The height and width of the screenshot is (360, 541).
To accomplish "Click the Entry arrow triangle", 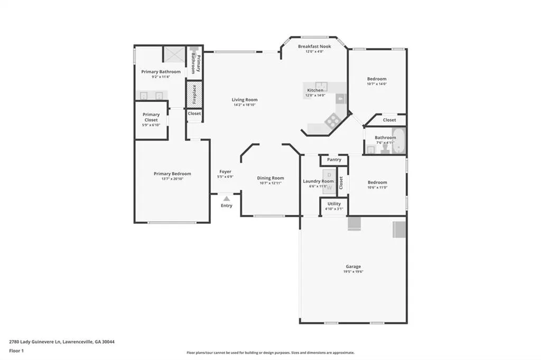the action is coord(226,198).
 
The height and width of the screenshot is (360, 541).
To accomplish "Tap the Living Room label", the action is coord(245,100).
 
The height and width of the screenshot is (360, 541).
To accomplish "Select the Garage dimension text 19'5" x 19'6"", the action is coord(353,272).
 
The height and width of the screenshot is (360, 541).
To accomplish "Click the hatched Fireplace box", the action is coord(194,94).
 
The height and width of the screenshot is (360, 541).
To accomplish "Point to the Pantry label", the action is coord(334,159).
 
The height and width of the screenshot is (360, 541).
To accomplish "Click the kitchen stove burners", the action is coord(333,120).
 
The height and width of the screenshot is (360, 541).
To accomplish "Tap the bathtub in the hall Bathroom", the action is coord(399,141).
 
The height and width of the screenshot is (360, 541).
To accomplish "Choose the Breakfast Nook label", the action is coord(314,46).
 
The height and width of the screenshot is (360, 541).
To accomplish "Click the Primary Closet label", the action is coord(151,117).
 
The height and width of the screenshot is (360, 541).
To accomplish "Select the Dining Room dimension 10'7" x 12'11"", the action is coord(270,183).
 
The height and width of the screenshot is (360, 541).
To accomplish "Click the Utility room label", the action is coord(334,204).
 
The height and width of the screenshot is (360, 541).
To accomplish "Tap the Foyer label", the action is coord(225,172).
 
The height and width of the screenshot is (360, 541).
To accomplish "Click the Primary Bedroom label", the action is coord(172,174).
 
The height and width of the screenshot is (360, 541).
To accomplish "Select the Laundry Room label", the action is coord(318,181).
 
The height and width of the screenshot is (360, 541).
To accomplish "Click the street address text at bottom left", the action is coord(62,342).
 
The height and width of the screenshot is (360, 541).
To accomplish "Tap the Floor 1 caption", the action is coord(16,351).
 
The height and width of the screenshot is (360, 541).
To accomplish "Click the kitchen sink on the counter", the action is coord(321,86).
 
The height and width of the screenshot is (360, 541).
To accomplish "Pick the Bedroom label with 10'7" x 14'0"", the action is coord(377,79).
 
